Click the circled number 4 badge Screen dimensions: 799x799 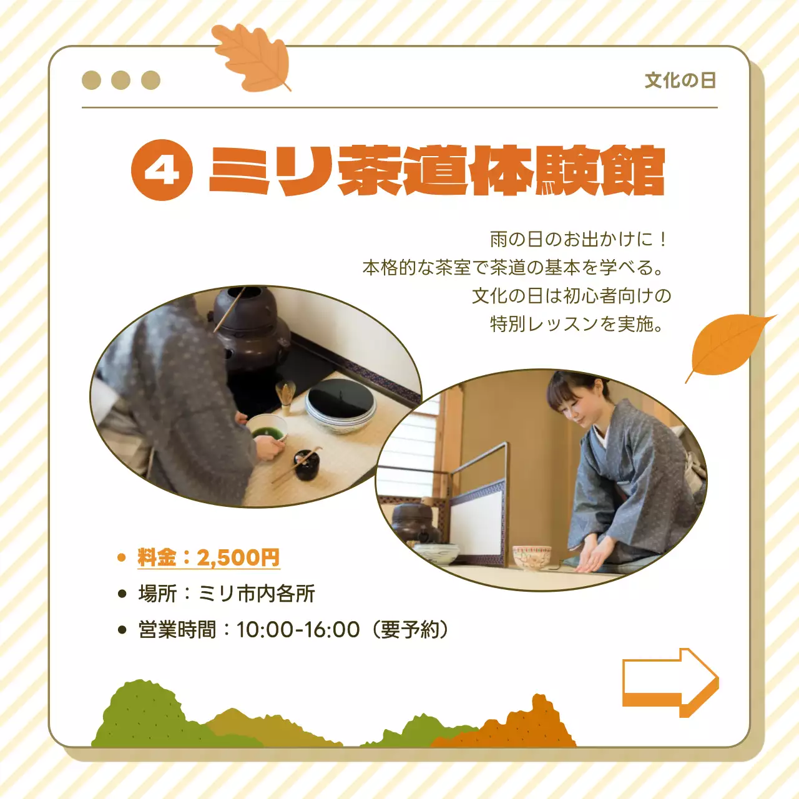(x=162, y=170)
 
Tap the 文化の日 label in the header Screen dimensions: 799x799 (x=680, y=81)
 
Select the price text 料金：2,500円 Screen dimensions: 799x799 (x=208, y=557)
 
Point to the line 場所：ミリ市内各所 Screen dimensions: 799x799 (x=226, y=594)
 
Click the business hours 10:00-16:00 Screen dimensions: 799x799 (x=298, y=630)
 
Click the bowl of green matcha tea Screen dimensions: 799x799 (x=267, y=430)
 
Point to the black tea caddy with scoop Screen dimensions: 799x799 (x=306, y=464)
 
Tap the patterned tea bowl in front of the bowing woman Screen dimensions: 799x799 (x=531, y=557)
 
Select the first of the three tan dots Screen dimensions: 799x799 (x=91, y=81)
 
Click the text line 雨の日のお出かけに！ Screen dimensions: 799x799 (x=579, y=239)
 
